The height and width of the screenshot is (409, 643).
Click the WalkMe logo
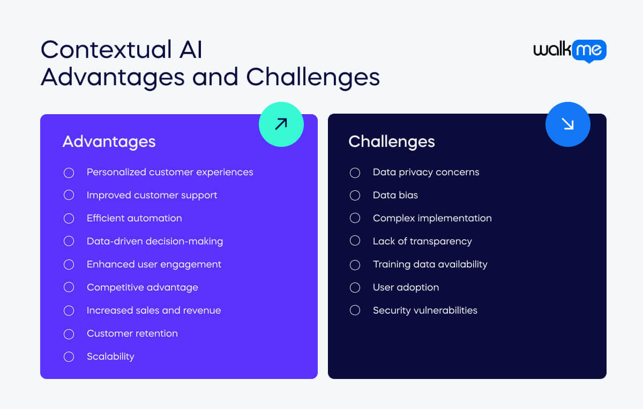coord(570,51)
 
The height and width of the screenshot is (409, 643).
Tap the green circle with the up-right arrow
coord(281,124)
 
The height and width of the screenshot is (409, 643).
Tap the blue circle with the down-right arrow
coord(567,124)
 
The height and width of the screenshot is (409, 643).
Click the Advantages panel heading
coord(109,142)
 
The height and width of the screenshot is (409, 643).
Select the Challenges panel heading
coord(391,142)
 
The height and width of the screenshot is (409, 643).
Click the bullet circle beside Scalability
coord(69,356)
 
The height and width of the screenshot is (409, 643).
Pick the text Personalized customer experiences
coord(170,172)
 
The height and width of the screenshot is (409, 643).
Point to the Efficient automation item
coord(134,218)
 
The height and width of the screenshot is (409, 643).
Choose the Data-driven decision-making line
coord(154,241)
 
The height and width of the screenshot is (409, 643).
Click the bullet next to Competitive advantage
coord(69,287)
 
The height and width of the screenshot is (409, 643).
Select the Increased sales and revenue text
coord(153,310)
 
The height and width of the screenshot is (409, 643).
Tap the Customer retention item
coord(132,333)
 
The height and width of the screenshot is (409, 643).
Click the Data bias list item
coord(395,195)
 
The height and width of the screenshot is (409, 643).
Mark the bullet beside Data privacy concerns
coord(355,172)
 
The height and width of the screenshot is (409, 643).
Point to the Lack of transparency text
coord(422,241)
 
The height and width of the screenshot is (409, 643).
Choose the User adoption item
coord(406,287)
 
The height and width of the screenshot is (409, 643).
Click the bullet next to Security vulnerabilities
coord(355,310)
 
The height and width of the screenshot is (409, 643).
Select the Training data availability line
coord(430,264)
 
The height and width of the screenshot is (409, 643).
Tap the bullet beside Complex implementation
coord(355,218)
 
